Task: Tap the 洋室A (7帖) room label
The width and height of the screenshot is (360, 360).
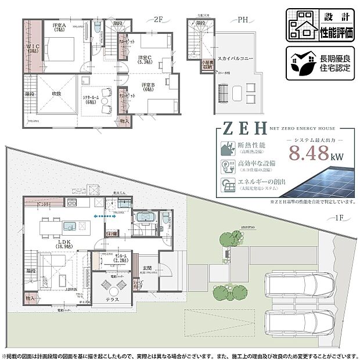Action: (x=59, y=28)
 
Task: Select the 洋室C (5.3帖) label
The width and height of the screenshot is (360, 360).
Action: (x=145, y=59)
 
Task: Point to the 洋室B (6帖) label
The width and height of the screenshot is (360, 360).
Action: (x=149, y=87)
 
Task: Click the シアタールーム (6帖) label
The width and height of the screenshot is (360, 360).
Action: (x=92, y=99)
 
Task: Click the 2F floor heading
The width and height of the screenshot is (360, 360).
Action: (x=159, y=19)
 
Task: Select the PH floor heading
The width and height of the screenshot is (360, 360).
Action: (x=244, y=19)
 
